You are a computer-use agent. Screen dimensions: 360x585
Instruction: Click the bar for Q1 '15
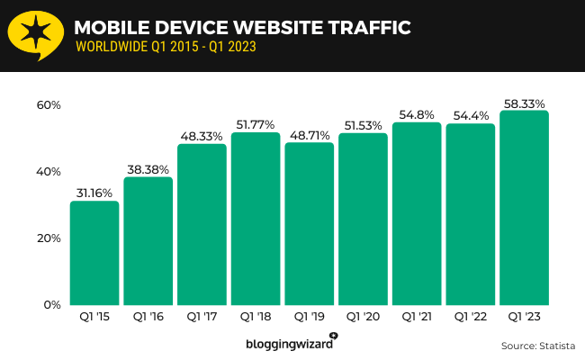point(94,253)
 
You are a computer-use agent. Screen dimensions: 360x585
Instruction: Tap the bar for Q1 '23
point(524,208)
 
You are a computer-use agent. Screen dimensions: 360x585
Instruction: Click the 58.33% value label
point(524,103)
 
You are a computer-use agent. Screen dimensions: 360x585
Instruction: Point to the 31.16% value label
point(94,193)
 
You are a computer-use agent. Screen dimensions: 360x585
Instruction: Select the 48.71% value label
point(309,135)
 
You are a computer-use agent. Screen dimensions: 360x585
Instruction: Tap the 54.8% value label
point(416,115)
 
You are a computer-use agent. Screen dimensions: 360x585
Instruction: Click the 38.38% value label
point(148,169)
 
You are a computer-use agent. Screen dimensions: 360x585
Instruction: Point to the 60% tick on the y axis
point(48,105)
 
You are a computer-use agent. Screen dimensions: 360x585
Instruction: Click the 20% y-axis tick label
point(48,238)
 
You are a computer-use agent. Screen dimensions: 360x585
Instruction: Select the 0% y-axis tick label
point(51,305)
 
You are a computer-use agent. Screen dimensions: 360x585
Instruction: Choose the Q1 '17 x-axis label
point(202,317)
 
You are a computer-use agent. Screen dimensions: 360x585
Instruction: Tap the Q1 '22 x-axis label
point(470,317)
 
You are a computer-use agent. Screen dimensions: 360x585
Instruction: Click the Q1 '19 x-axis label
point(309,317)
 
